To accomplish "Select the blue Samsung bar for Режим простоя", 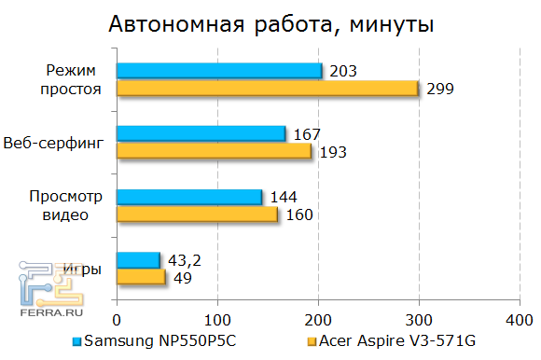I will (219, 71).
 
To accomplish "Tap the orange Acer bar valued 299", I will (267, 89).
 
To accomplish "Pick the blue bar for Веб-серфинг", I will (201, 133).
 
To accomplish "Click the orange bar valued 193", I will (214, 151).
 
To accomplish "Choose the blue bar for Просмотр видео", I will (189, 197).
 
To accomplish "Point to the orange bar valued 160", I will (197, 215).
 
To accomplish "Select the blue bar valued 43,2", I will (138, 259).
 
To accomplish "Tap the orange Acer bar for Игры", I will (141, 277).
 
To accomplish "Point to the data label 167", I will (308, 134).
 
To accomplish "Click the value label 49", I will (183, 278).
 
